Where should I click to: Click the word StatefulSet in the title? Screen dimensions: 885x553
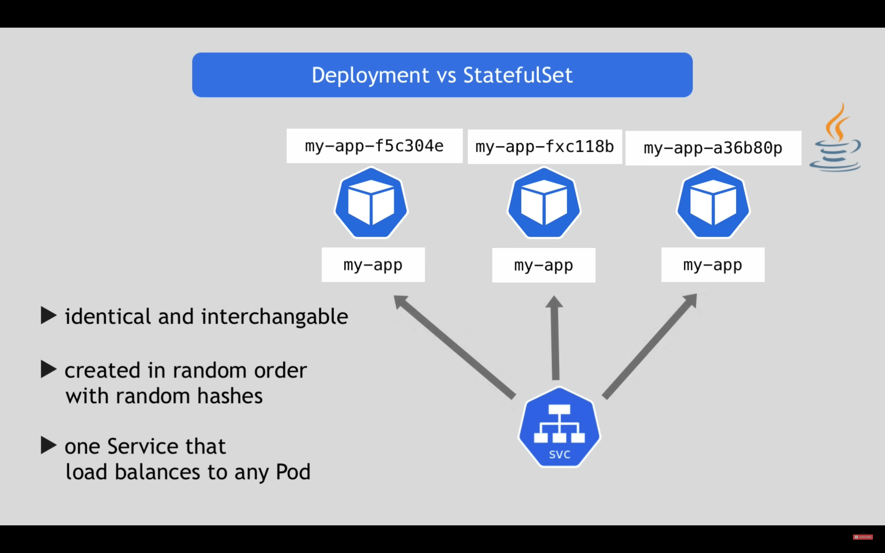518,75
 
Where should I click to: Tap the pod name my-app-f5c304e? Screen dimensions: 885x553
374,146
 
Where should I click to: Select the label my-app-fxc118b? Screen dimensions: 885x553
544,147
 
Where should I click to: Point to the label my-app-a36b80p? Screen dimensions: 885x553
713,148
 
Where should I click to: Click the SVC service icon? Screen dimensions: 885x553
560,427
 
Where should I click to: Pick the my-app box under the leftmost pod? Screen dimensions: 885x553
373,264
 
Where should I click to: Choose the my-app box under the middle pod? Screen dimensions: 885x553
544,265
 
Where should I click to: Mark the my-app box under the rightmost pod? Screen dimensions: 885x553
713,264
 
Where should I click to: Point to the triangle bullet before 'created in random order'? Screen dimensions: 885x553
49,369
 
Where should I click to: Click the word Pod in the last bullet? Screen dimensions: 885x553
293,472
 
